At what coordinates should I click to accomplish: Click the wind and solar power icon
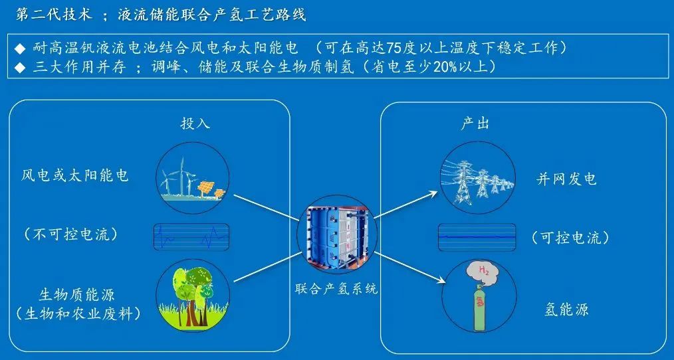[x=193, y=175]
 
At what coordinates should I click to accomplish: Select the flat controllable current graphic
[x=477, y=236]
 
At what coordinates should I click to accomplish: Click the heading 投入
[x=195, y=124]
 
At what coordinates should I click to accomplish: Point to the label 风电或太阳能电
[x=75, y=175]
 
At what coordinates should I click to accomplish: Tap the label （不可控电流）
[x=70, y=234]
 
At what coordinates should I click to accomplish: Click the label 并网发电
[x=567, y=178]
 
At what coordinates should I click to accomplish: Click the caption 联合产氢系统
[x=336, y=289]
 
